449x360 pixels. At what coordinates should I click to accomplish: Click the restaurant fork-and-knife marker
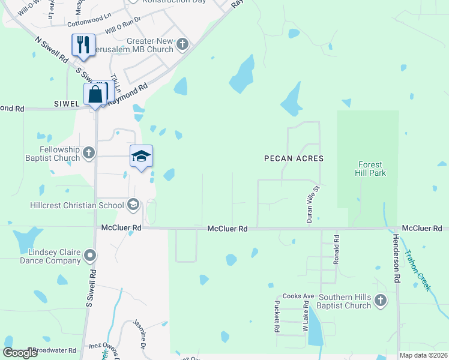click(x=83, y=45)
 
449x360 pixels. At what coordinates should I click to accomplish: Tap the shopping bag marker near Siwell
click(x=95, y=94)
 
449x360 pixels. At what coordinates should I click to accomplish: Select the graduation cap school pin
click(x=141, y=157)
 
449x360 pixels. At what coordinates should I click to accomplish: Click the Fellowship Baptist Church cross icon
click(x=88, y=153)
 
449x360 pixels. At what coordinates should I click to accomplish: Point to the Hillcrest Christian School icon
click(x=133, y=205)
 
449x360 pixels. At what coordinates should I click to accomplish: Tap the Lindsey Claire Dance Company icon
click(x=90, y=256)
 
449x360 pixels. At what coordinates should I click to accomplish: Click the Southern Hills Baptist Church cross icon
click(x=380, y=301)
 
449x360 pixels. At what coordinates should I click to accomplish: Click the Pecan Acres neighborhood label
click(x=294, y=158)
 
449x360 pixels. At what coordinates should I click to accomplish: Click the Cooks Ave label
click(x=298, y=296)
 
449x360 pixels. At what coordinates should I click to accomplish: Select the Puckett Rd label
click(x=277, y=316)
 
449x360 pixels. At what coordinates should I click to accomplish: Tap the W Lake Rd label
click(x=306, y=317)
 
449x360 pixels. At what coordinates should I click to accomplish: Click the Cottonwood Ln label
click(x=89, y=23)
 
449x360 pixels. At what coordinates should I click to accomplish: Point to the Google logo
click(x=20, y=353)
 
